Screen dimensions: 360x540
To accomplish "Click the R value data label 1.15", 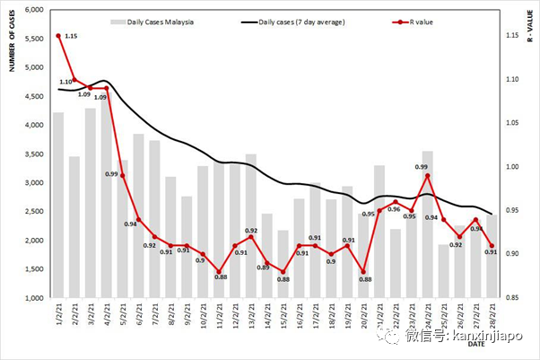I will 73,37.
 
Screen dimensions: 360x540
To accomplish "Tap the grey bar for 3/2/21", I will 91,203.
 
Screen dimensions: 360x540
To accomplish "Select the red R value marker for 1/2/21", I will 58,36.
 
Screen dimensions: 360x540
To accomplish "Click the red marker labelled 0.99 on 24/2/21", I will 429,176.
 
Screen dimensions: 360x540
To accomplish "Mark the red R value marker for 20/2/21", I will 363,272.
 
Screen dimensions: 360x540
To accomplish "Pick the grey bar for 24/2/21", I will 428,224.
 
